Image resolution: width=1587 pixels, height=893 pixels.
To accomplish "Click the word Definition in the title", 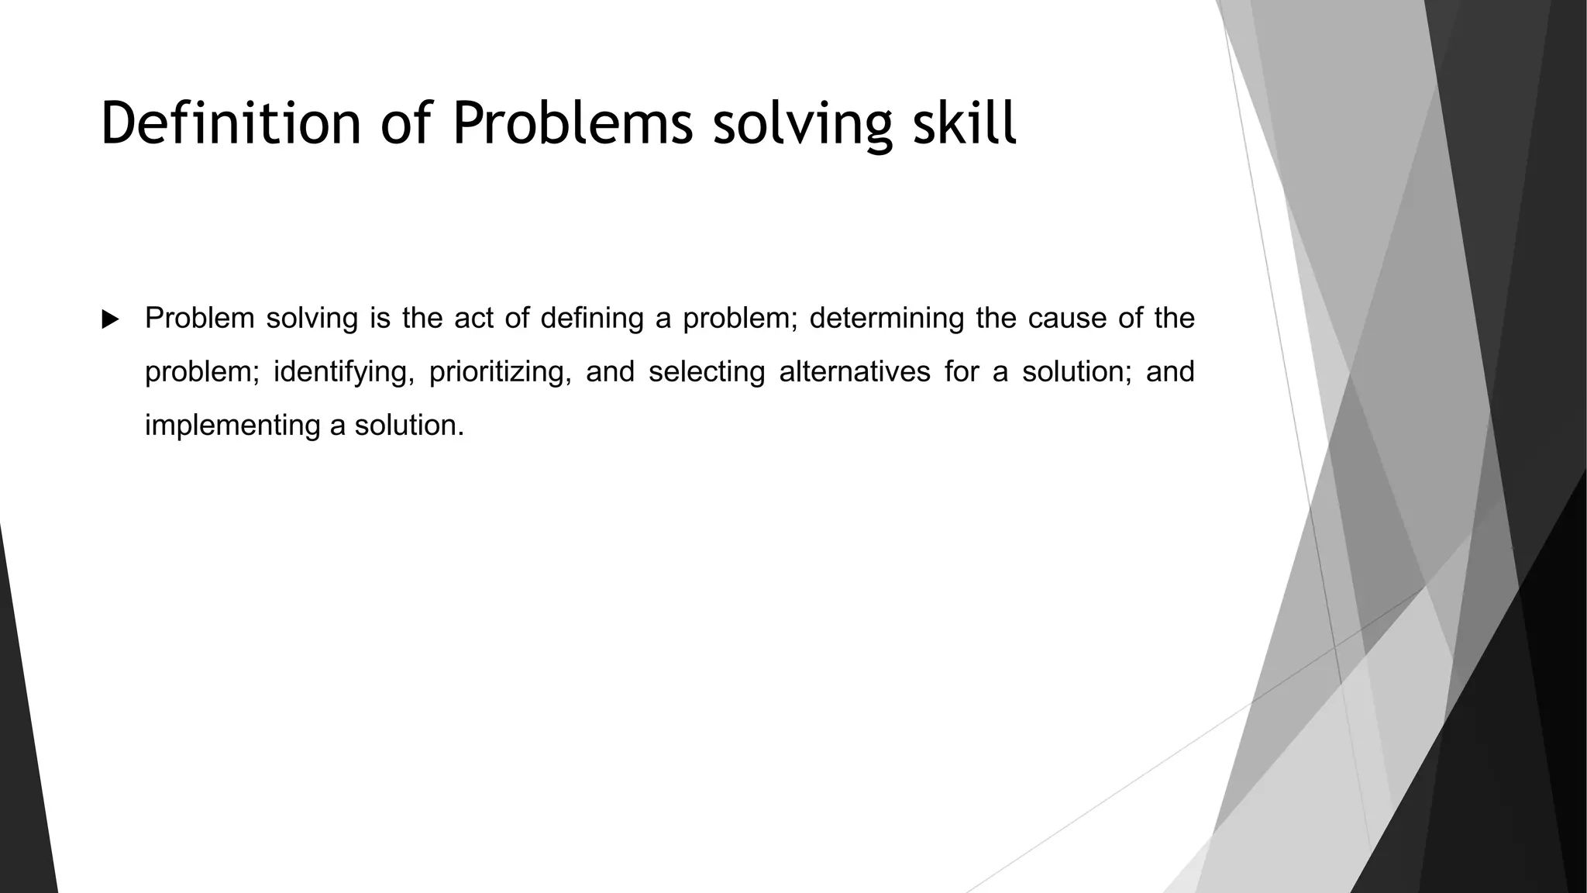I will pos(231,123).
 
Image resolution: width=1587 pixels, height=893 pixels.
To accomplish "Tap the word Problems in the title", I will pos(573,123).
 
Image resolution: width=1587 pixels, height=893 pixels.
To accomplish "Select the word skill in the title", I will pos(964,123).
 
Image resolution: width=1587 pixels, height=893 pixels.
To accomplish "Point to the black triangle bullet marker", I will pos(110,319).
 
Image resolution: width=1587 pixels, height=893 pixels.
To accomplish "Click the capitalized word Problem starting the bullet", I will pos(199,318).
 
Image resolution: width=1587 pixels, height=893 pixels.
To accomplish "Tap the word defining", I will pos(592,318).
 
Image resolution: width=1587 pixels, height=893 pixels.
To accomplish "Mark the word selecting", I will pos(706,372).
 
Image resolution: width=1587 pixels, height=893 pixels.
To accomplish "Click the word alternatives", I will pos(854,371).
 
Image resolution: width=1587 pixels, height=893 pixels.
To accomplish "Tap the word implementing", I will pos(232,426).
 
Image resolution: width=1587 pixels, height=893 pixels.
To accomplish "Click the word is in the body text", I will pos(380,318).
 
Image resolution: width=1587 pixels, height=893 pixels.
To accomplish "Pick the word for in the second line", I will pos(960,371).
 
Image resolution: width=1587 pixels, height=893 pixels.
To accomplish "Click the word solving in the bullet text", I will pos(312,319).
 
